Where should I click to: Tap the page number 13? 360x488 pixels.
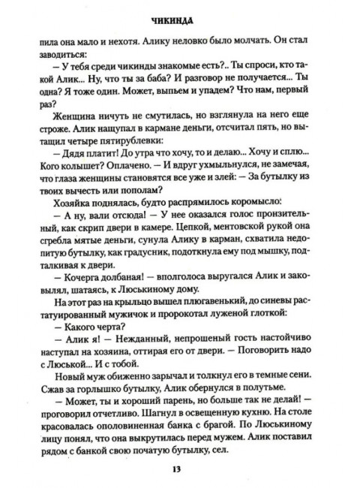pyautogui.click(x=180, y=470)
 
